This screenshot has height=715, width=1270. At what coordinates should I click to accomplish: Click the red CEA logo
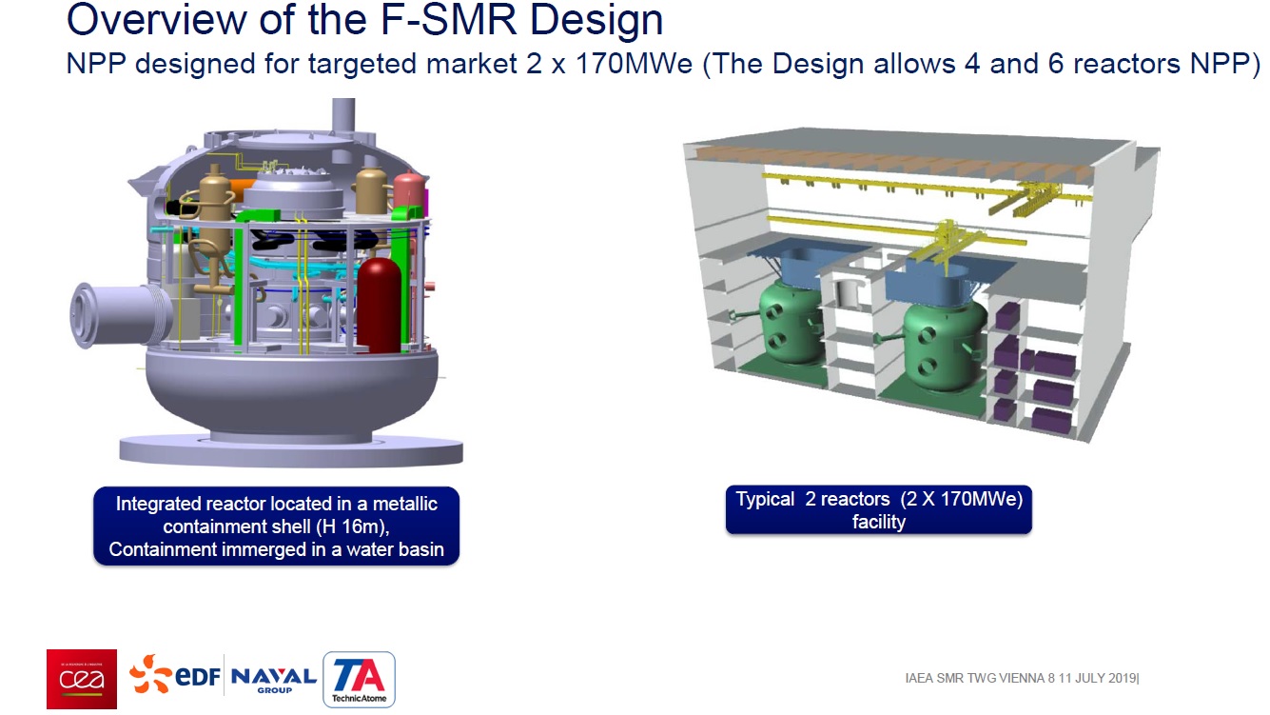click(82, 679)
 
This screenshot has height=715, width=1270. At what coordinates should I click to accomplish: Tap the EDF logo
click(175, 674)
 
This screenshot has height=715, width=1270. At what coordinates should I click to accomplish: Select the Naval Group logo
click(274, 679)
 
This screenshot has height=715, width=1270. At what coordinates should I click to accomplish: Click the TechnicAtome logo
click(359, 679)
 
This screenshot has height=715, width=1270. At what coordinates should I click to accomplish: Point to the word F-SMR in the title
click(448, 20)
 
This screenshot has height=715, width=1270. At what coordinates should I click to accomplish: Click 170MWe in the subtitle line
click(634, 64)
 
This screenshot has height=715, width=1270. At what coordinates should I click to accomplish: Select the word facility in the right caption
click(879, 522)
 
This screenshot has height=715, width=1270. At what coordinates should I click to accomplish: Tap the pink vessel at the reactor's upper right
click(408, 190)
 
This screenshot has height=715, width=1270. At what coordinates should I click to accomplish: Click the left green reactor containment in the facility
click(791, 322)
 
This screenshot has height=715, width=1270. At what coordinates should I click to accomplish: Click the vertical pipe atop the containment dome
click(343, 116)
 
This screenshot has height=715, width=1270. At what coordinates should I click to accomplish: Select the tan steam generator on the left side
click(213, 227)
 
